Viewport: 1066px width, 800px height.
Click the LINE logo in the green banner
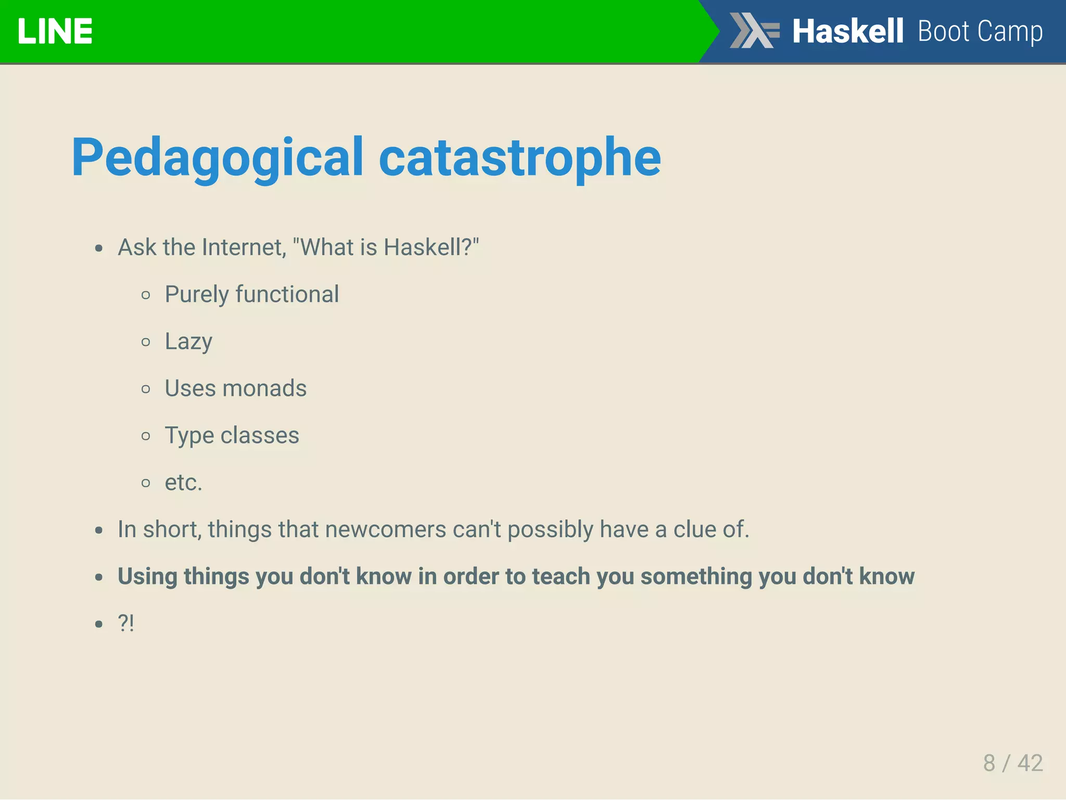(55, 31)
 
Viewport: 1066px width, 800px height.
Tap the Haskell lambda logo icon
(754, 31)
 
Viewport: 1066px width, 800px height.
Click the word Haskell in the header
(847, 31)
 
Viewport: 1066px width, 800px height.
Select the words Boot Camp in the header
(980, 31)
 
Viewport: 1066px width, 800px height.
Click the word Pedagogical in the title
(217, 158)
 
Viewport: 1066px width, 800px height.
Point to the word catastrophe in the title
(519, 158)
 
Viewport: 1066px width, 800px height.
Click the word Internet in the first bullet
(244, 247)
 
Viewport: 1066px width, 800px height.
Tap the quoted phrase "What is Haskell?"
(386, 247)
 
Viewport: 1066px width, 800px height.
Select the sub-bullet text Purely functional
(252, 295)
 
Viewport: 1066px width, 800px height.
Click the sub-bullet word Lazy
(188, 342)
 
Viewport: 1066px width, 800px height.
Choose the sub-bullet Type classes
(232, 436)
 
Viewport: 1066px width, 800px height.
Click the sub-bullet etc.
(183, 482)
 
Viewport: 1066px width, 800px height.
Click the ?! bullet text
(126, 623)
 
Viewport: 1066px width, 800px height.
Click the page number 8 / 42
(1012, 763)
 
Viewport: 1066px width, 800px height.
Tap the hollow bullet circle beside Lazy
(146, 342)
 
